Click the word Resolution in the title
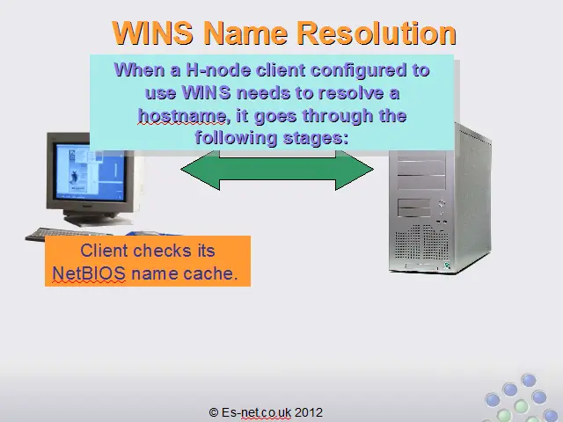point(377,33)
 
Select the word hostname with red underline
point(182,116)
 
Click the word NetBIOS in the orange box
point(89,273)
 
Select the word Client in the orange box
point(104,251)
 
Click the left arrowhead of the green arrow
point(200,170)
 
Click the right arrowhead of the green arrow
point(355,170)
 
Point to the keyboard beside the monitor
point(69,235)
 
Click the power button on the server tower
point(442,203)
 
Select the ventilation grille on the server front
point(422,244)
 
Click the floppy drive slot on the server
point(414,207)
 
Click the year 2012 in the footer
point(309,412)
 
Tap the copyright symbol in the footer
point(214,412)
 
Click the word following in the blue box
point(237,138)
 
